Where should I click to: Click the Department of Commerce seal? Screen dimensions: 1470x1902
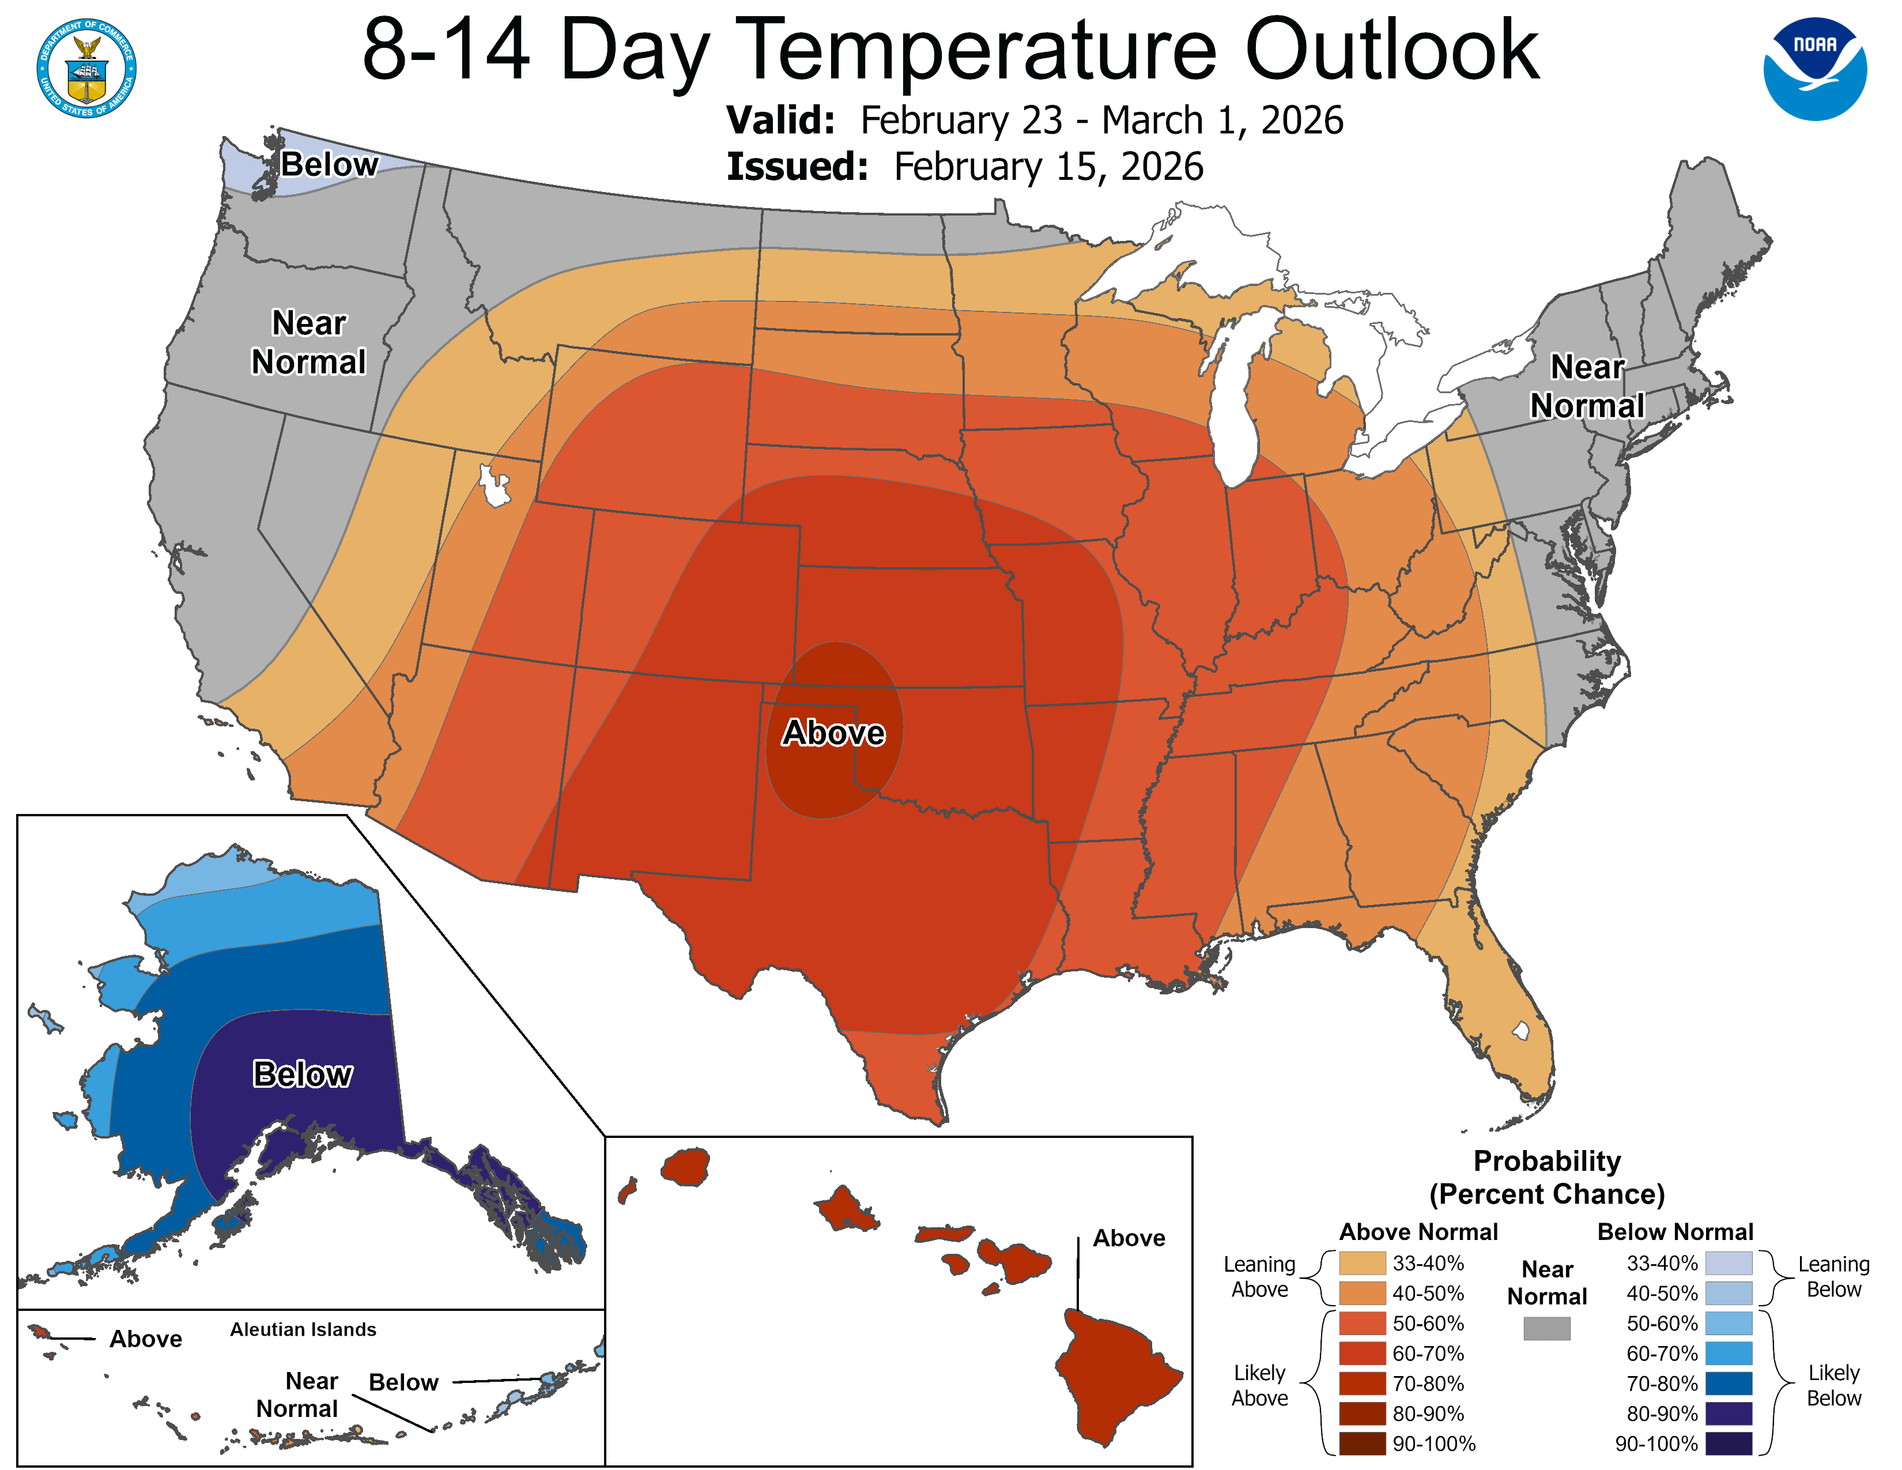86,68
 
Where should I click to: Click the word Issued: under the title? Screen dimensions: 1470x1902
797,167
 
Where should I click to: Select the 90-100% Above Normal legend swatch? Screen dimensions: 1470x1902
1362,1443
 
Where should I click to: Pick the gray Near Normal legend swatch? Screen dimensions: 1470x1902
1547,1328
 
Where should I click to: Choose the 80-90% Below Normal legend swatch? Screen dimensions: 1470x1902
1729,1412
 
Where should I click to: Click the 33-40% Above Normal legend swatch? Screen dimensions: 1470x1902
1362,1262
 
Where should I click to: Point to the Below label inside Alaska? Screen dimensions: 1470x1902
302,1074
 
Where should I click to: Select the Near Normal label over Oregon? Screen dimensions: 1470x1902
308,342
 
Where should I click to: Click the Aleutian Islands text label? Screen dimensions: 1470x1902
303,1329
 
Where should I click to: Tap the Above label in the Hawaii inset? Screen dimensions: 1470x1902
1129,1238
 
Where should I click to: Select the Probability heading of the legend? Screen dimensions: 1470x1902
1547,1161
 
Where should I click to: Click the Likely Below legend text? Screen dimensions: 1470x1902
1833,1385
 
